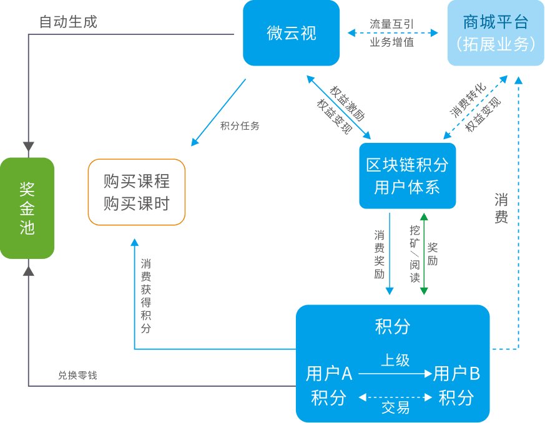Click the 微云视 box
coord(291,32)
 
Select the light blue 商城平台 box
coord(496,32)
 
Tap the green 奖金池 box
coord(27,208)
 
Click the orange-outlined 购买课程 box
coord(137,192)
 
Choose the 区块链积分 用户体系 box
coord(407,175)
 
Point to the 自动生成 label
coord(68,22)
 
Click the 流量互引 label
coord(391,24)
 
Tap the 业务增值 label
coord(391,42)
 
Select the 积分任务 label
coord(240,125)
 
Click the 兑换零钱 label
coord(77,375)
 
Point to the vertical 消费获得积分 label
coord(145,296)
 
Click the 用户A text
coord(329,374)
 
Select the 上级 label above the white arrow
coord(395,361)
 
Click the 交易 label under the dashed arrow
coord(395,408)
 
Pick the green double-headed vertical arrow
coord(424,253)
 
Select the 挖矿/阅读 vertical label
coord(415,253)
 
